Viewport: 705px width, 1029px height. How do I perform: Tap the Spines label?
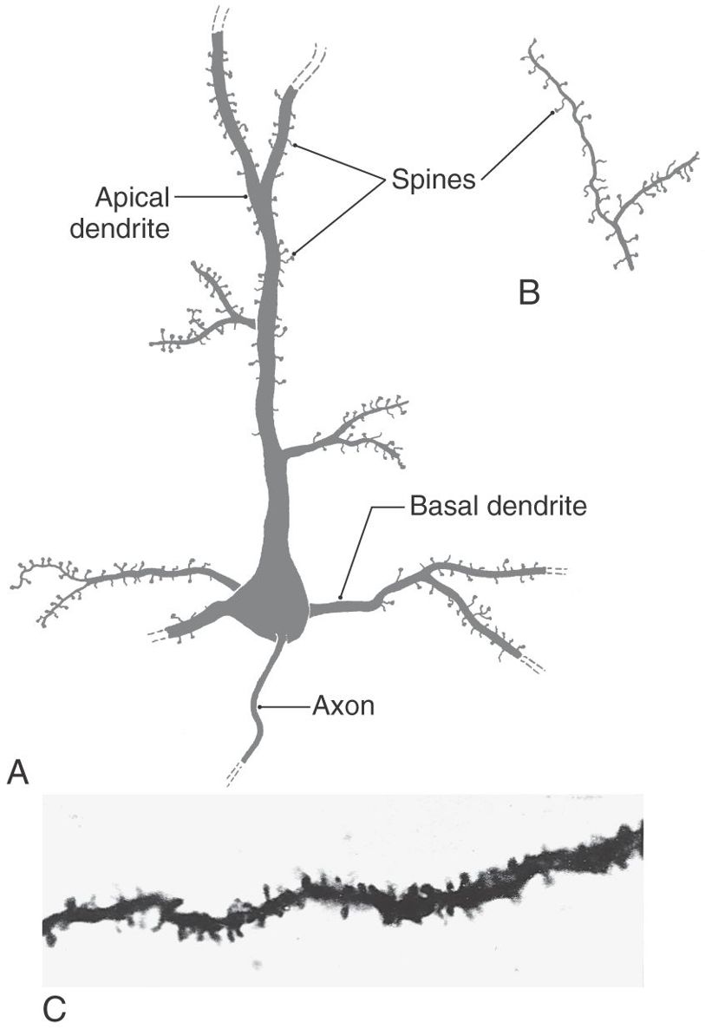click(x=433, y=180)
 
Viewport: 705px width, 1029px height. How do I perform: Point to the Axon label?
click(x=343, y=706)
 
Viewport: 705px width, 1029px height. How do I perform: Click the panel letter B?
click(x=529, y=292)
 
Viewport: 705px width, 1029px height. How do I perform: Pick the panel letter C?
click(x=54, y=1009)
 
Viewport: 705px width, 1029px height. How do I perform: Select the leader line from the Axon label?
click(x=284, y=707)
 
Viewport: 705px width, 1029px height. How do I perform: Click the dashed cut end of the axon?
click(x=235, y=776)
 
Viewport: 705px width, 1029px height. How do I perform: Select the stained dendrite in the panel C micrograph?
click(x=347, y=894)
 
